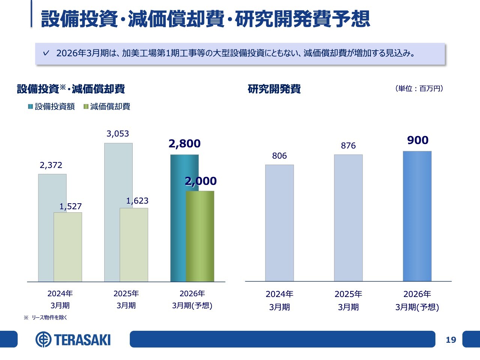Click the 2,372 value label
coord(51,165)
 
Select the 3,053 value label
coord(118,134)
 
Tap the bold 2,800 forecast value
coord(184,144)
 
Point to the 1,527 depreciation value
coord(70,207)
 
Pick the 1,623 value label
coord(137,201)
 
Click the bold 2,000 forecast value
coord(201,181)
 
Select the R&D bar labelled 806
coord(279,223)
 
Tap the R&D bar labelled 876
coord(348,218)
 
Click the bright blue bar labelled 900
coord(417,216)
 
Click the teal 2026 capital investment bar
coord(178,217)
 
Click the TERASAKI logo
coord(73,340)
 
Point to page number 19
coord(451,340)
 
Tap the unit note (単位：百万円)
coord(419,88)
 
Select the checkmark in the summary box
coord(46,53)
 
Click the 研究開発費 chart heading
coord(274,89)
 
